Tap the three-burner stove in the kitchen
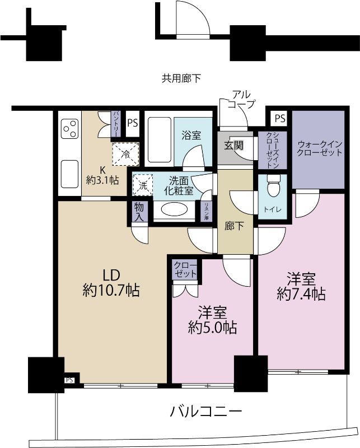70,129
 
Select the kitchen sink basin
70,174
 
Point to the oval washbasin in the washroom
175,209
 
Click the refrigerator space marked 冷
126,154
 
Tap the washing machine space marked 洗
142,185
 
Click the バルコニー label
206,412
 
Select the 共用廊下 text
181,78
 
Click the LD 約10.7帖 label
111,283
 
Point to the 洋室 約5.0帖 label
212,320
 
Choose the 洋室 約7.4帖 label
301,286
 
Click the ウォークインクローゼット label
320,148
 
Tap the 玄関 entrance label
233,146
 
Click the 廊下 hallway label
234,226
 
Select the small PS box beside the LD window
69,380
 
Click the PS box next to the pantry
133,123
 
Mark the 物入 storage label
139,212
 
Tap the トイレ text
272,209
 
